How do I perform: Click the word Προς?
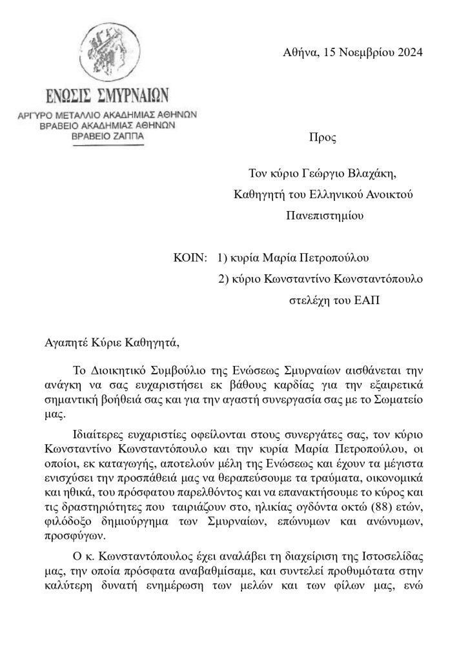[x=323, y=137]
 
